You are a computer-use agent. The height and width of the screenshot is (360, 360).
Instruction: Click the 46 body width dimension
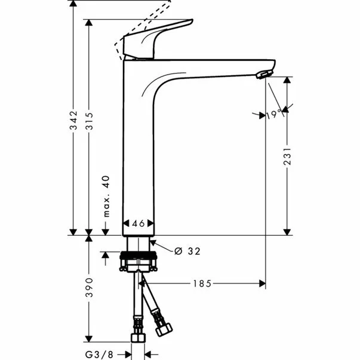tap(139, 223)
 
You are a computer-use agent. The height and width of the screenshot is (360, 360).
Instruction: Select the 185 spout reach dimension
tap(201, 284)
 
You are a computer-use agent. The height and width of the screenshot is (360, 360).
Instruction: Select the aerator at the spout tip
tap(263, 74)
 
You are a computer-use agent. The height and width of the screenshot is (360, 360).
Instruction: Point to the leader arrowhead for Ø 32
tap(153, 242)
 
